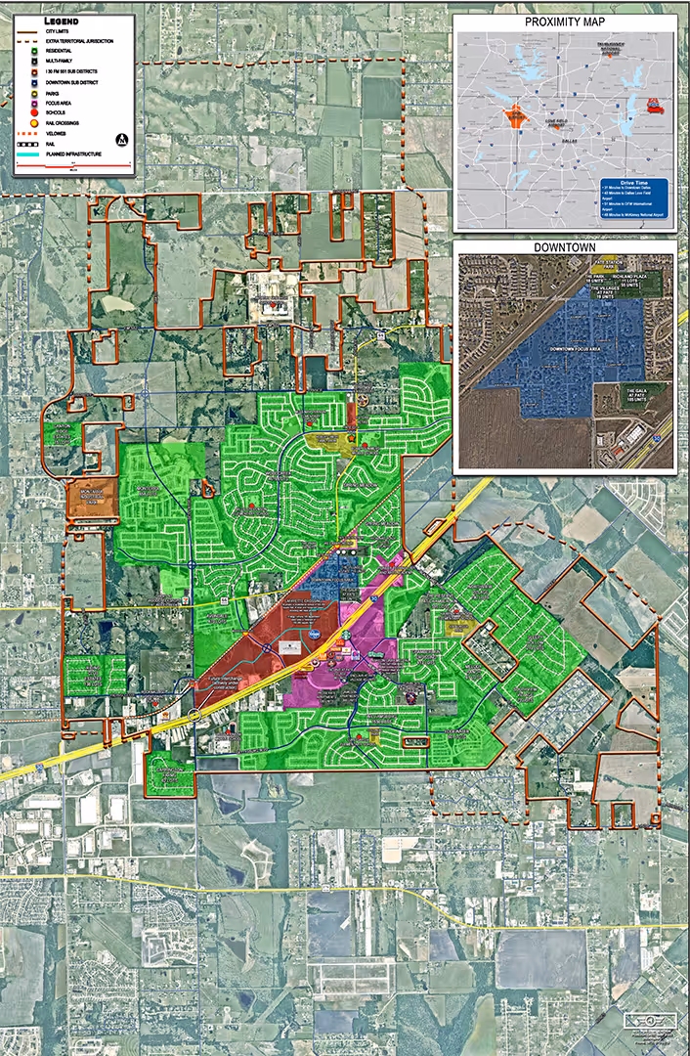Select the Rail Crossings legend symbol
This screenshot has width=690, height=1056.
(x=33, y=124)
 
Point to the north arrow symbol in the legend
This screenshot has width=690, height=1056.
(x=122, y=140)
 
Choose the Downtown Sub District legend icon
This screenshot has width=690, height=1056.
(x=33, y=82)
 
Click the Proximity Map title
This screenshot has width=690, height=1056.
(x=566, y=22)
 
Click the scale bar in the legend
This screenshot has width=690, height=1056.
(x=73, y=167)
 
